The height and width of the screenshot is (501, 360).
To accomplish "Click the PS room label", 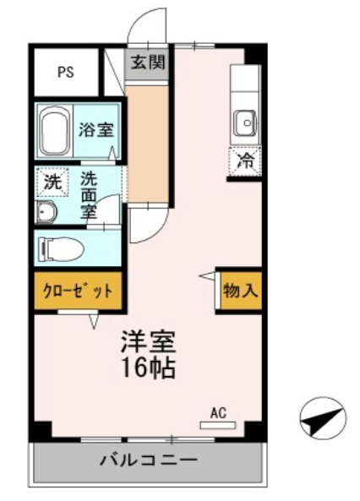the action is coord(66,72).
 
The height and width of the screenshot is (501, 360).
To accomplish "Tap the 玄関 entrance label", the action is coord(148,62).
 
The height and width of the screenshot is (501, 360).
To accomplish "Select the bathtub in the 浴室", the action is coord(55,131).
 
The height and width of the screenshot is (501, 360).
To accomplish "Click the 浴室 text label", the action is coord(96,129).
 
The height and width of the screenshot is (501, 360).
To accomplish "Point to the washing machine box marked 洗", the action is coord(52,182).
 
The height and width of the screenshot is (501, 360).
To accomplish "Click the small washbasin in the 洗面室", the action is coord(46,212).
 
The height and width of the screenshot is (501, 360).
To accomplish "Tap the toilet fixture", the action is coord(61,248).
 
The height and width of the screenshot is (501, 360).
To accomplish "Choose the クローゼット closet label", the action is coord(78,291).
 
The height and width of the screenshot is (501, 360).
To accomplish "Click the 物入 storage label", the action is coord(241,291).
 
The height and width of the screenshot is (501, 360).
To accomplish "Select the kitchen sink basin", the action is coord(246,123).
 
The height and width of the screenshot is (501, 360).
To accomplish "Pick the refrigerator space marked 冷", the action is coord(245,161).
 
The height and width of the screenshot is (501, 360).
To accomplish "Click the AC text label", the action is coord(218,412).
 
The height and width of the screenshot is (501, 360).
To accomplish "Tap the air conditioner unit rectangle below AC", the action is coord(218,425).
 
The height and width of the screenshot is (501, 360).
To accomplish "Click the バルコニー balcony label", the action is coord(149,460).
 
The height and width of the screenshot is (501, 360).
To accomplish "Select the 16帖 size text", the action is coord(149,368).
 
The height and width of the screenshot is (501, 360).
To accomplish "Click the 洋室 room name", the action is coord(149,341).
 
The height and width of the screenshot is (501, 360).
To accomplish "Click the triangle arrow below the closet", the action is coord(94,321).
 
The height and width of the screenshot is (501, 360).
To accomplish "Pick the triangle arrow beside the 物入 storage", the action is coord(207,275).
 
